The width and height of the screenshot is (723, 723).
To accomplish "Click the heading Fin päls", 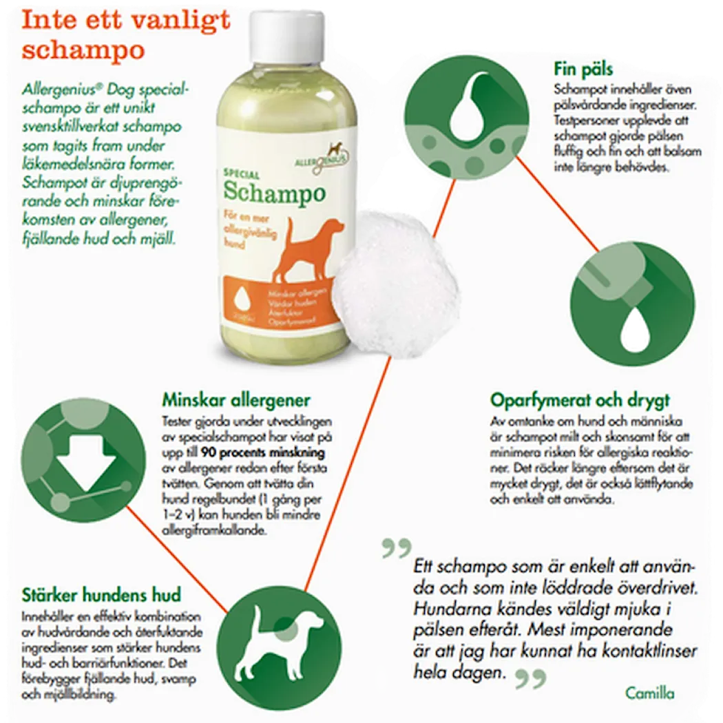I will click(583, 70).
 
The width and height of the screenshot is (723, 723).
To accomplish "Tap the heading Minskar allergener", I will click(236, 400).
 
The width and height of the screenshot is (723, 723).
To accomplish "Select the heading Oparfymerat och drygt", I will click(580, 400).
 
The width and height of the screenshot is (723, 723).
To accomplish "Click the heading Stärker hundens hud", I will click(101, 594).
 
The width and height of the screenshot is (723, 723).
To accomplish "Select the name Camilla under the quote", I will click(650, 693).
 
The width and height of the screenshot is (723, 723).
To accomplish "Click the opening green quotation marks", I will click(396, 549).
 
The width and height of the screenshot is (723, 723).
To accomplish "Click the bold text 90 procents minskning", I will click(262, 452).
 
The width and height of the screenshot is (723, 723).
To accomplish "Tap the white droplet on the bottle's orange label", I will click(242, 300).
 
